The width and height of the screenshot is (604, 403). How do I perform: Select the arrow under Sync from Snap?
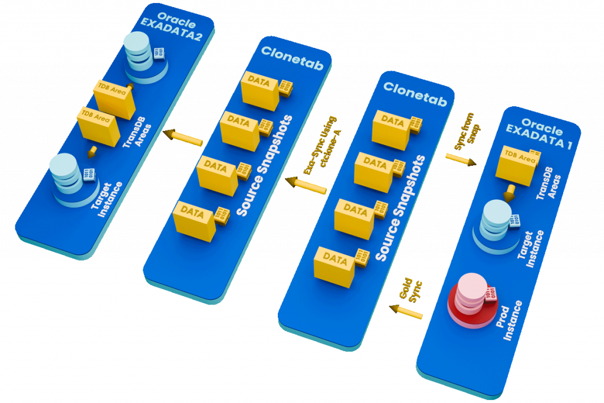[x=461, y=159]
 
